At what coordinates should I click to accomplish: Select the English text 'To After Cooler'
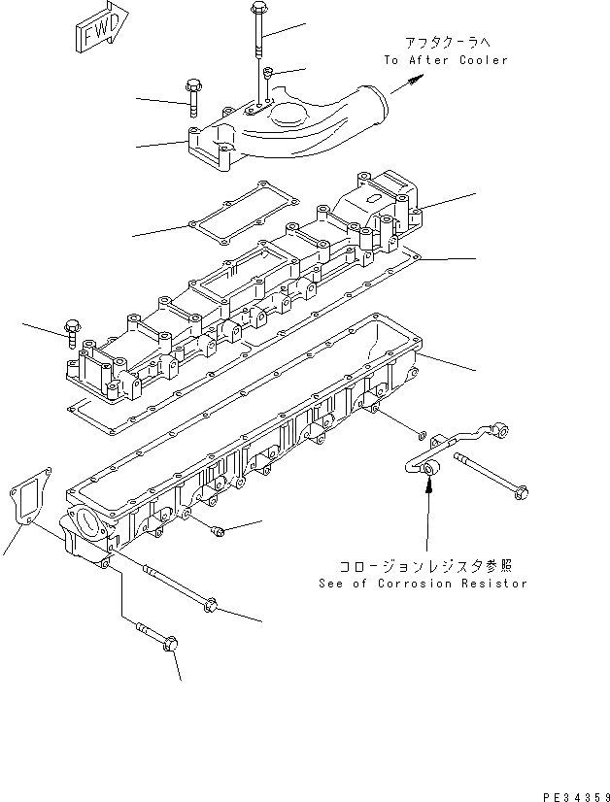point(446,60)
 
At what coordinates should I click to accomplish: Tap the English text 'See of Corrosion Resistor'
point(423,584)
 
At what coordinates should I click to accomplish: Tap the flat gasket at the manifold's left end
point(29,501)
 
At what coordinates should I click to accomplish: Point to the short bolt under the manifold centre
point(218,530)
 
